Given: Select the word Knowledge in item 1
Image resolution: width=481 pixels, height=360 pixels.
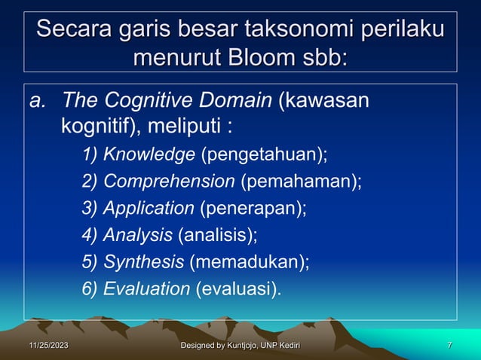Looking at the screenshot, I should [x=149, y=155].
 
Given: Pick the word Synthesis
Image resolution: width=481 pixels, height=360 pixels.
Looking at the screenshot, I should [x=143, y=261].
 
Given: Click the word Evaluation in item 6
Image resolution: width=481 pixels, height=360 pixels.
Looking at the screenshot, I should [x=146, y=288].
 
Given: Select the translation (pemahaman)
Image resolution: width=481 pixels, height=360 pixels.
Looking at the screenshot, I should [x=301, y=182].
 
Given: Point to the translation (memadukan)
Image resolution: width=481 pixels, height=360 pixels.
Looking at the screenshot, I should [x=249, y=261].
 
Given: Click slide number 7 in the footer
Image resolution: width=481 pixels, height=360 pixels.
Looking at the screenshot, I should [x=449, y=346].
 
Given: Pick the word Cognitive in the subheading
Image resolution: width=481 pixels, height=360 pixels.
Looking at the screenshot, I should [x=150, y=100].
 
